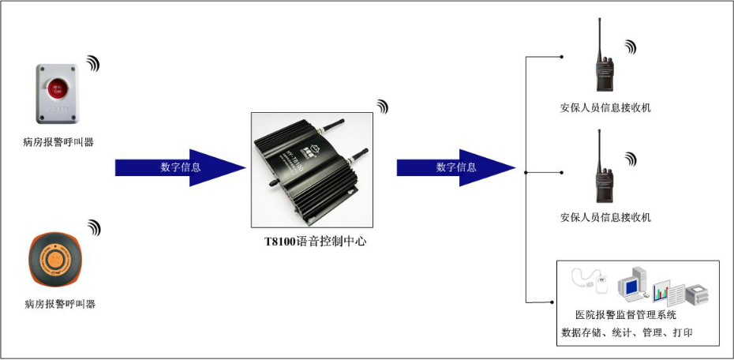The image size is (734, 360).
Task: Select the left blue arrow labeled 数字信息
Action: [x=180, y=167]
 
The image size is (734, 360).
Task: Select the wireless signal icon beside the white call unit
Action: [x=93, y=63]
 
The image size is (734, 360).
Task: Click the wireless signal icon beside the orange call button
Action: [x=94, y=227]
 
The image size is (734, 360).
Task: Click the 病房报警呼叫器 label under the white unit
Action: [x=58, y=142]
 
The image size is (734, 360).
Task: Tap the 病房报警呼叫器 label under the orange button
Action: [x=60, y=304]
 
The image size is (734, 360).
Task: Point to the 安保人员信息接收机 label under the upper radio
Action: [x=606, y=107]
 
